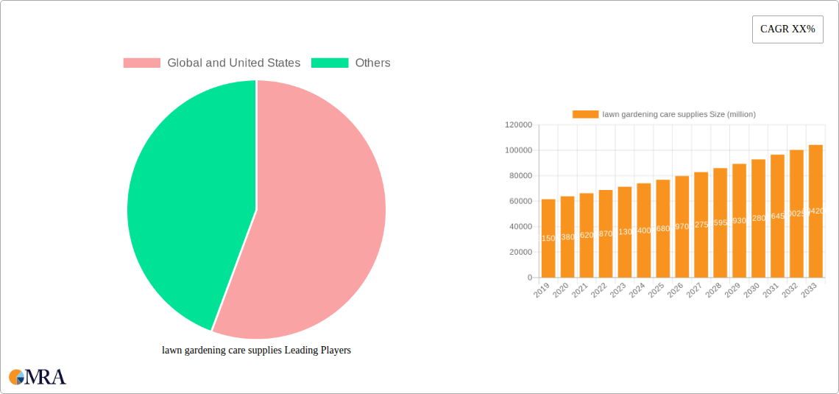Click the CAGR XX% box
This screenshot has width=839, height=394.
(x=787, y=29)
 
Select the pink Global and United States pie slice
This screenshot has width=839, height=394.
(x=316, y=221)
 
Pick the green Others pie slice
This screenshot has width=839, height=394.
(x=184, y=199)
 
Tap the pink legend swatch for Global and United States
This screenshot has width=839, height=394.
(x=141, y=63)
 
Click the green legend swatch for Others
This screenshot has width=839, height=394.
(x=329, y=63)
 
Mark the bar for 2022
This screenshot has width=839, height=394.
(x=606, y=233)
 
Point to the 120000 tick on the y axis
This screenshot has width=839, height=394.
(x=518, y=125)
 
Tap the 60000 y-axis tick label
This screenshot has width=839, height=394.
(x=520, y=201)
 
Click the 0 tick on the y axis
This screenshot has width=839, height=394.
(x=529, y=278)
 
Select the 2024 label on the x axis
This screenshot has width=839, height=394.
(x=637, y=291)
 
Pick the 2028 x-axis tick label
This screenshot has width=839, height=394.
(x=714, y=291)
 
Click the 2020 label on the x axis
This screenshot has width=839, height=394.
(x=561, y=291)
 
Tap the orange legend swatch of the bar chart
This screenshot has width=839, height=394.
(x=585, y=114)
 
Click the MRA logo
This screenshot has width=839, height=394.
(x=38, y=377)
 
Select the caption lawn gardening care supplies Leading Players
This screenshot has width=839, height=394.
(x=256, y=351)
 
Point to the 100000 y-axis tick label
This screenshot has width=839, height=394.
(x=518, y=150)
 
